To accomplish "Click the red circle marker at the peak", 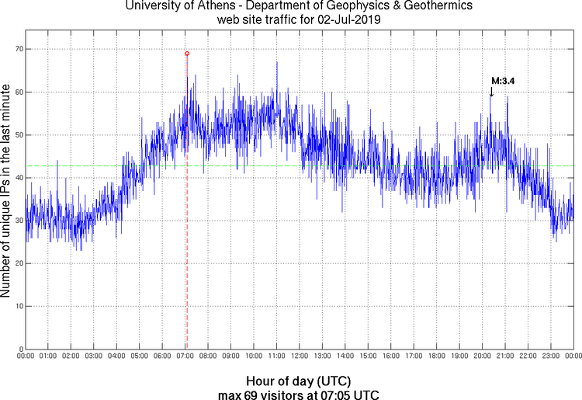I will coord(187,54).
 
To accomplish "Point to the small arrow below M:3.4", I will coord(491,92).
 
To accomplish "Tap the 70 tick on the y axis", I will coord(16,49).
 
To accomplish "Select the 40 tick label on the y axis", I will coord(16,178).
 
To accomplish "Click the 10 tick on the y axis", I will coord(16,307).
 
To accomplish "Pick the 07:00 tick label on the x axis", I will coord(185,356).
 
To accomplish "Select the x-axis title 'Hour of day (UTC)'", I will coord(298,381).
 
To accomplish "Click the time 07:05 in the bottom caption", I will coord(336,394).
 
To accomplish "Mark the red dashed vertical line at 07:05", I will coord(187,233).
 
